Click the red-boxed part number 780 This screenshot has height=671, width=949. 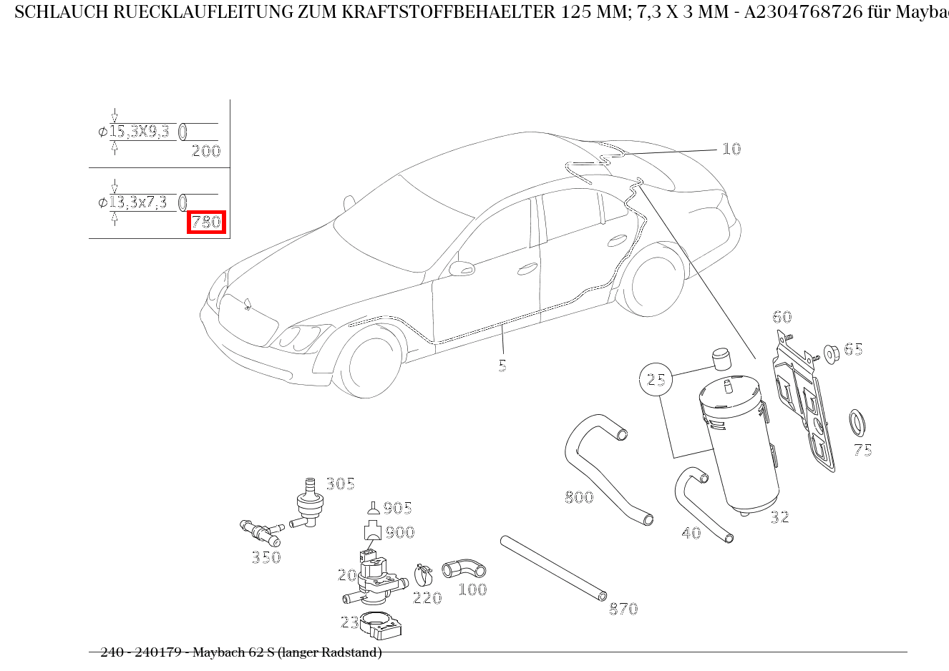[x=206, y=222]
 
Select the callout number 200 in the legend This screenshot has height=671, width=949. [x=206, y=151]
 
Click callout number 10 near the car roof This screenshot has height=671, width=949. [x=731, y=149]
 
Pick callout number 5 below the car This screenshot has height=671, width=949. [x=502, y=366]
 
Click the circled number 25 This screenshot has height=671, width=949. [x=656, y=379]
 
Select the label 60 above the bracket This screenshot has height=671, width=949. [x=782, y=317]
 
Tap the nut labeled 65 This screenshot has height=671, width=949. [x=832, y=353]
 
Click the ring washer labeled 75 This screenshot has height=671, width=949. [x=857, y=423]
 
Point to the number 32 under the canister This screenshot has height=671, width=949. [x=779, y=516]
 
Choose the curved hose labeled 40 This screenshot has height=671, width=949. [x=701, y=504]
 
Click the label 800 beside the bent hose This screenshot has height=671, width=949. [x=579, y=497]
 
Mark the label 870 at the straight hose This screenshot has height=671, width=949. [x=623, y=609]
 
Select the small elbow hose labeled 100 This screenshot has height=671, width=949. [x=464, y=569]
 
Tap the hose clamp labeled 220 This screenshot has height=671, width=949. [x=424, y=574]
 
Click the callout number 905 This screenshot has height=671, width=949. [x=397, y=508]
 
